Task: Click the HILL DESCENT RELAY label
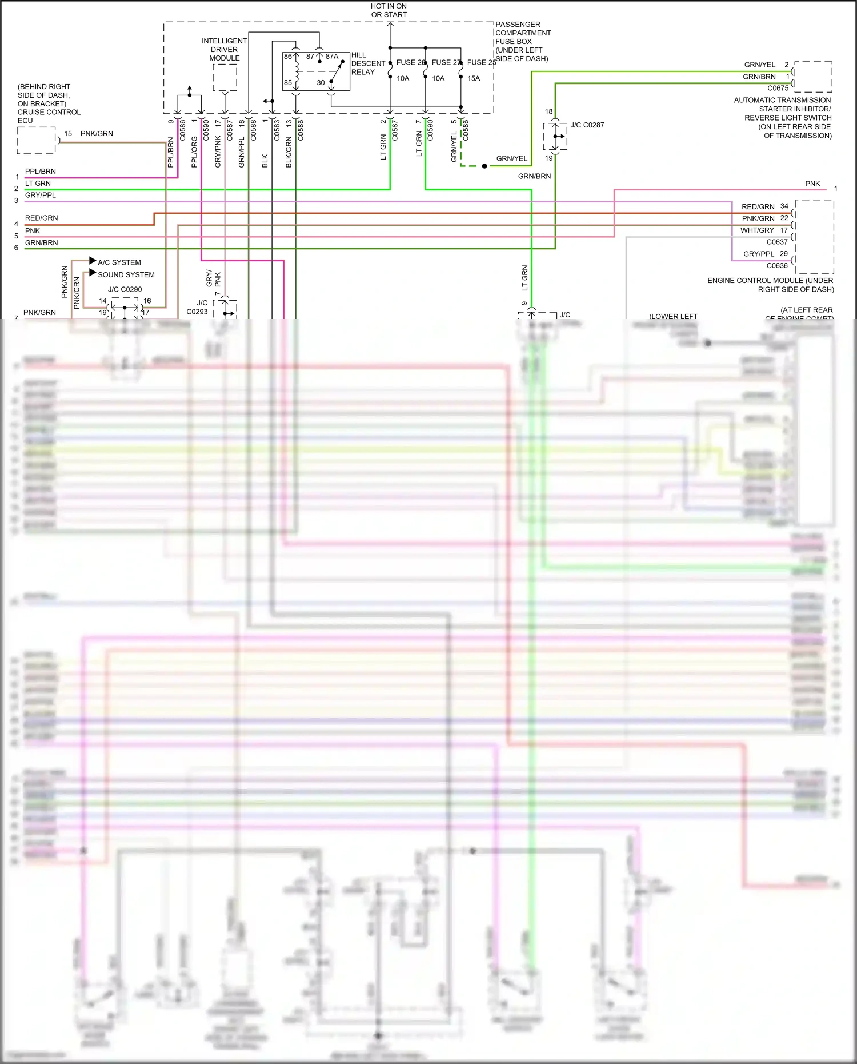(x=367, y=63)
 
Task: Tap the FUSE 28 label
(x=410, y=62)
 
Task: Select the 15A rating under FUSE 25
(x=474, y=78)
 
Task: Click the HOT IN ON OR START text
(x=389, y=10)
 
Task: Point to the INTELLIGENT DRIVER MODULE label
(x=224, y=50)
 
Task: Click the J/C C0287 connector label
(x=587, y=125)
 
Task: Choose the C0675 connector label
(x=778, y=88)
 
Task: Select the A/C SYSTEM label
(x=119, y=262)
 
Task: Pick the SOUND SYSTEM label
(x=126, y=274)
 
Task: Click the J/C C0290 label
(x=125, y=289)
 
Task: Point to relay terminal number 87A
(x=332, y=57)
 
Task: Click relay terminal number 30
(x=321, y=83)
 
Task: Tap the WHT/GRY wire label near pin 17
(x=757, y=230)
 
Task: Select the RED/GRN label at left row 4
(x=41, y=218)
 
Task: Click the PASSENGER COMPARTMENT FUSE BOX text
(x=522, y=41)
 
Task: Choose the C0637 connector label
(x=777, y=242)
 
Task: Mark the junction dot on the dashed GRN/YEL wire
(x=484, y=166)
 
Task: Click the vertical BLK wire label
(x=265, y=161)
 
